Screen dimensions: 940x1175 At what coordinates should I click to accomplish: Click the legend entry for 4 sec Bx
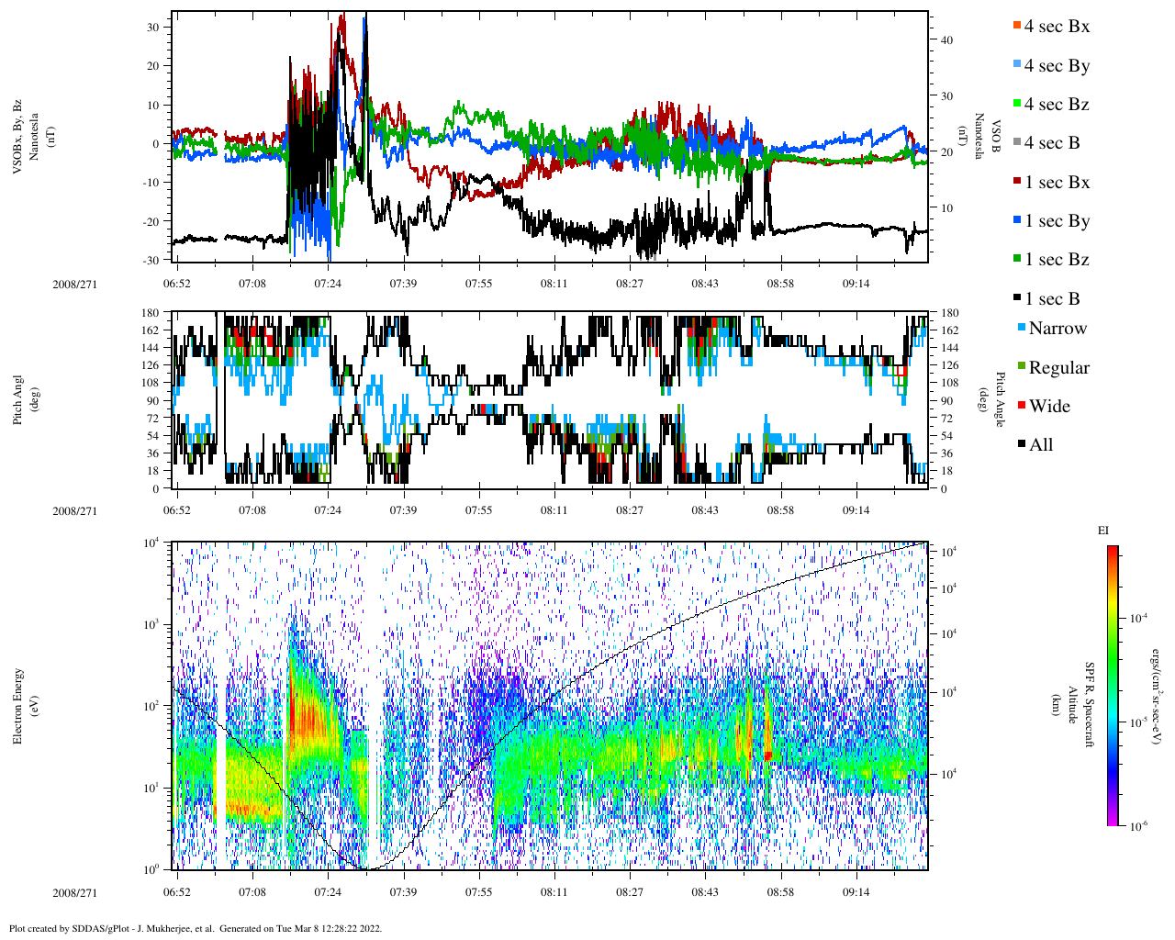[1056, 27]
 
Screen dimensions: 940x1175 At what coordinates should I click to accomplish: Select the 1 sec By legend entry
[1056, 221]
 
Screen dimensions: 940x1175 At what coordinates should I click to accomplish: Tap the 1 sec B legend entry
[1051, 299]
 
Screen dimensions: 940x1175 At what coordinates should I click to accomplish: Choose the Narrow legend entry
[1057, 329]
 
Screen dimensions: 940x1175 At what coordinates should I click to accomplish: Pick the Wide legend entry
[1048, 407]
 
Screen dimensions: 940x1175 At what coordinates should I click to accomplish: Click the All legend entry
[1040, 445]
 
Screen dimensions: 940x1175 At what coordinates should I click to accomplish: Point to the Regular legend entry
[1057, 368]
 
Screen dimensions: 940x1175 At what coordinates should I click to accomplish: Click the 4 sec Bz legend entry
[1056, 105]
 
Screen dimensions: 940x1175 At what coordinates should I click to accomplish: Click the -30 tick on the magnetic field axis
[152, 260]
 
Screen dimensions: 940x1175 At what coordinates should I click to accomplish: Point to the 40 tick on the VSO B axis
[946, 40]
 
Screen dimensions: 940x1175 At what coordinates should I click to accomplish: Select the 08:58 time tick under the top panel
[780, 284]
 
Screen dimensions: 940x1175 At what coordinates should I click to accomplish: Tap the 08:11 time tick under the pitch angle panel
[554, 510]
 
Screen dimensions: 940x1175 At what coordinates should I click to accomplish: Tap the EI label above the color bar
[1103, 531]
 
